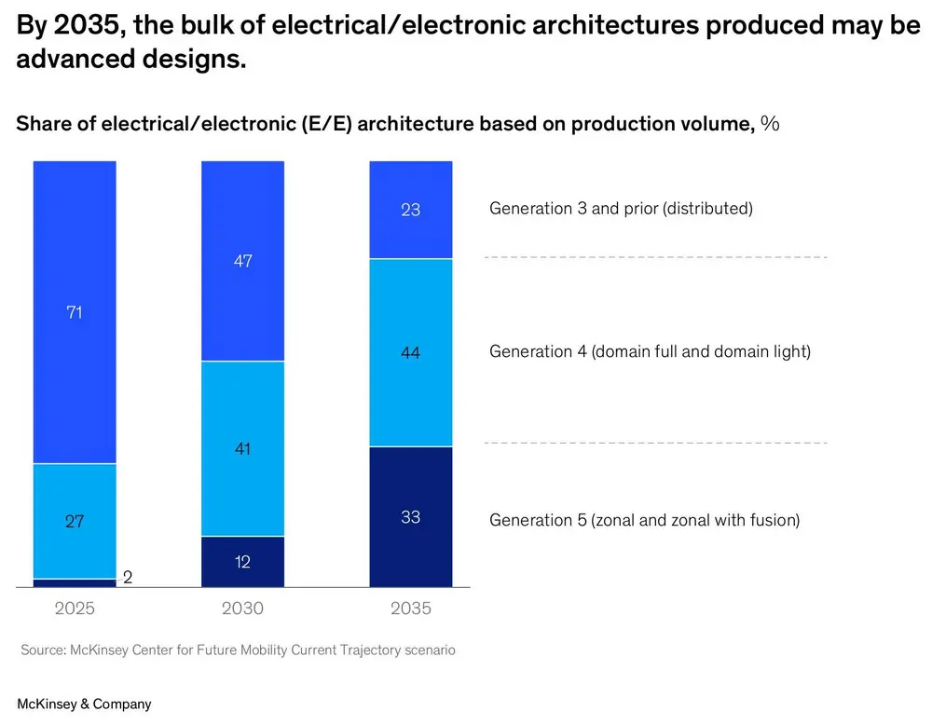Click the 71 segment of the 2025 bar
(x=75, y=312)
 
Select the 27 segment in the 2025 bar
(x=75, y=521)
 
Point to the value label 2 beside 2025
(x=128, y=578)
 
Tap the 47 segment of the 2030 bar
(x=242, y=262)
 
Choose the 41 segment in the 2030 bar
(x=242, y=448)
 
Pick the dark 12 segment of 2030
(x=242, y=562)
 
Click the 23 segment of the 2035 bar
(x=411, y=210)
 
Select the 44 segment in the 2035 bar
(x=411, y=352)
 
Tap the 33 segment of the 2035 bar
(x=411, y=517)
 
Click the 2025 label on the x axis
(x=75, y=609)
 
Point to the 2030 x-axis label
(x=242, y=609)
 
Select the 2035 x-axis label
(x=411, y=609)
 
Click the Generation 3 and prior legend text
(x=621, y=209)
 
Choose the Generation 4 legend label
(x=650, y=352)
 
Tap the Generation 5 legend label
(x=644, y=520)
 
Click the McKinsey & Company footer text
(x=84, y=704)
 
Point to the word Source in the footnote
(x=42, y=650)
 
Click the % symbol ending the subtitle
(x=770, y=124)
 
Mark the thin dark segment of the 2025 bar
(x=75, y=583)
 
